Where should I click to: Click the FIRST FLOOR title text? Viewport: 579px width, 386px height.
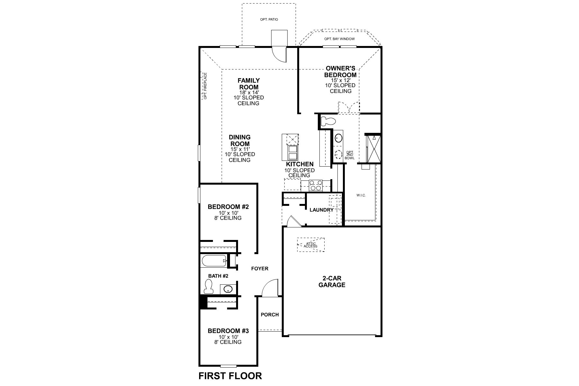click(230, 376)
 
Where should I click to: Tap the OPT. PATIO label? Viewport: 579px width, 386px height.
click(269, 20)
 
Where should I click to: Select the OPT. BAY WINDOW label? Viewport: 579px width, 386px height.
click(339, 39)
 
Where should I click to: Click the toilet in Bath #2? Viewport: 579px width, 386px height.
click(209, 286)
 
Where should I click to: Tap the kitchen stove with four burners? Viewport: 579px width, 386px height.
click(316, 185)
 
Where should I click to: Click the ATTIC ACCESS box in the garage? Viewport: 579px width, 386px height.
click(311, 245)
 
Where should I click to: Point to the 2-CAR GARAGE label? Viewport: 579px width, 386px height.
click(332, 281)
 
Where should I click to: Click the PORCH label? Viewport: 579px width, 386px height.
click(270, 315)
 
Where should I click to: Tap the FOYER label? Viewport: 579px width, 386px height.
click(260, 269)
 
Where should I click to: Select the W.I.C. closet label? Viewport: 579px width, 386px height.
click(361, 195)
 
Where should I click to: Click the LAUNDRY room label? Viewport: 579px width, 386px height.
click(321, 210)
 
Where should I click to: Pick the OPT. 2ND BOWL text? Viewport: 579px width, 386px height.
click(350, 155)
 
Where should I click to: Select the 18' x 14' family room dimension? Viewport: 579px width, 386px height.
click(249, 92)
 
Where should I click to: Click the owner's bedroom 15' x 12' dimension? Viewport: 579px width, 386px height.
click(340, 80)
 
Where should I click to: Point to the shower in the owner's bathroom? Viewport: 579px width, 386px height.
click(373, 148)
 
